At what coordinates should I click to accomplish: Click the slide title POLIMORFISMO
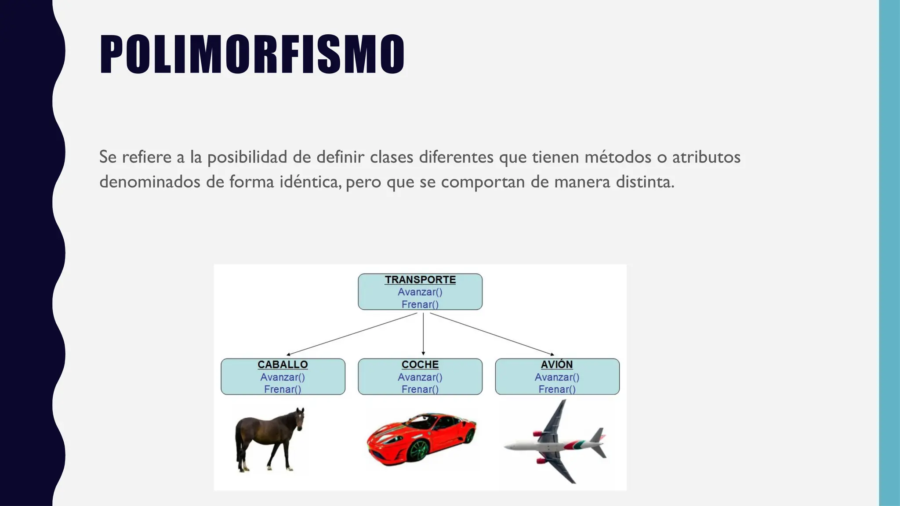(x=252, y=54)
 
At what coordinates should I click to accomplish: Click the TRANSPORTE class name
(x=420, y=280)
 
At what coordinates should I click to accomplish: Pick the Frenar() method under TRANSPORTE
(x=420, y=304)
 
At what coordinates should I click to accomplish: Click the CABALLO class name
(x=283, y=365)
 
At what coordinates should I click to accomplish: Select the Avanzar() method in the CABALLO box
(x=283, y=377)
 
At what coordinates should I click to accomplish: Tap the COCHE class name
(x=420, y=365)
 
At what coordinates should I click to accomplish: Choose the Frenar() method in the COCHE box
(x=420, y=389)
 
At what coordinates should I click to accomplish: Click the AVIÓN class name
(x=557, y=365)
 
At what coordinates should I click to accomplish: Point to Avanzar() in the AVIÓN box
(x=557, y=377)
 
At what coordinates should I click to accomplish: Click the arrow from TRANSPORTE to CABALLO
(x=352, y=334)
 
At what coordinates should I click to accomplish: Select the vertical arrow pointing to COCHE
(x=423, y=334)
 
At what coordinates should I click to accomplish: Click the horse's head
(x=300, y=417)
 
